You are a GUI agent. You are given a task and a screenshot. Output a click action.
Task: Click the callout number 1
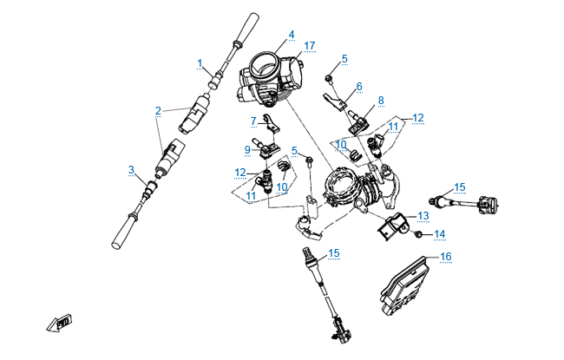pyautogui.click(x=200, y=63)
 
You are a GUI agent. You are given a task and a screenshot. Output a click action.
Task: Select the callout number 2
pyautogui.click(x=158, y=110)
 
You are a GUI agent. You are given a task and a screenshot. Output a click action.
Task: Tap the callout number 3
pyautogui.click(x=131, y=169)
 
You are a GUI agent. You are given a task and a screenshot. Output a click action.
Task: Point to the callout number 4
pyautogui.click(x=292, y=35)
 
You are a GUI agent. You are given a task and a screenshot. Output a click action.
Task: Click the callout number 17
pyautogui.click(x=310, y=45)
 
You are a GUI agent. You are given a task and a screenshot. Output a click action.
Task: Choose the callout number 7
pyautogui.click(x=253, y=121)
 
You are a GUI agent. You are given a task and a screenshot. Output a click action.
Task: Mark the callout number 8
pyautogui.click(x=380, y=101)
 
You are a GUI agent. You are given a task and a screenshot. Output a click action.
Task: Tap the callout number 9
pyautogui.click(x=247, y=149)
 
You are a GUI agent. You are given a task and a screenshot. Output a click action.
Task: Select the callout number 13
pyautogui.click(x=423, y=215)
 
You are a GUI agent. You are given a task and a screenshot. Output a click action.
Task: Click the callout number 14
pyautogui.click(x=439, y=233)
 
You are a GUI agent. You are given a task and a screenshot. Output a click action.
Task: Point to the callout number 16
pyautogui.click(x=445, y=257)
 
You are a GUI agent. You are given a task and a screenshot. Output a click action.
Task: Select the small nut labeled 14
pyautogui.click(x=418, y=234)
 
